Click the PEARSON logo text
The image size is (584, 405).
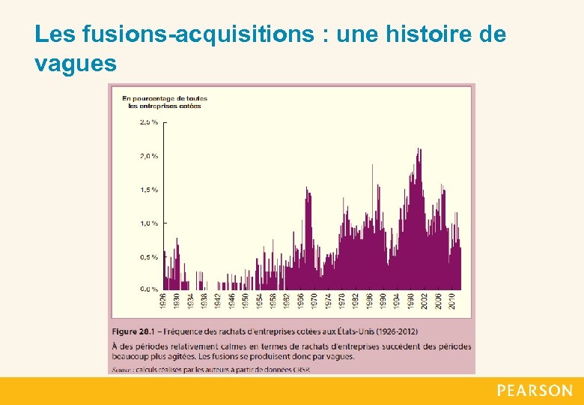(535, 391)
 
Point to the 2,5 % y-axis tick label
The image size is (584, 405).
(149, 121)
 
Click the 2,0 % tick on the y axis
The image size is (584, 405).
(149, 156)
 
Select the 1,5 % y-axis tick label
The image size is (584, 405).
(149, 190)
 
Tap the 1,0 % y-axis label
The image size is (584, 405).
(149, 223)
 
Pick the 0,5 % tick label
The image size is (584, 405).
(149, 256)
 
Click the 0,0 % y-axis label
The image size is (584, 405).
(149, 289)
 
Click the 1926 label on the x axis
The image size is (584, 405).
(163, 301)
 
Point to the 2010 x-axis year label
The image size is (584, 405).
(452, 301)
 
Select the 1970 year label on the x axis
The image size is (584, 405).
(314, 301)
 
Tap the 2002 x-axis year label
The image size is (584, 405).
(425, 301)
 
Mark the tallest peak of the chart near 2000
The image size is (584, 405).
(419, 150)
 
